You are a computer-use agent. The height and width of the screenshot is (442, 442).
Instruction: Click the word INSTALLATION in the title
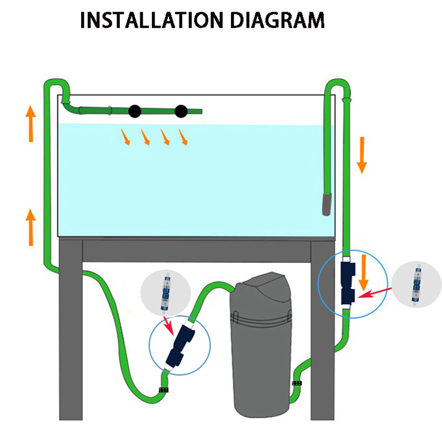146,20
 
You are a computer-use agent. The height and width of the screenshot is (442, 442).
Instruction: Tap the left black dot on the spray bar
134,111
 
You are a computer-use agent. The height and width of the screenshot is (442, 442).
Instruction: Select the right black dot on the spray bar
181,112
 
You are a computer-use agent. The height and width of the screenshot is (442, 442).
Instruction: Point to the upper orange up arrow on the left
31,118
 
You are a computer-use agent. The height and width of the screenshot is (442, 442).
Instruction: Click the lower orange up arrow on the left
31,227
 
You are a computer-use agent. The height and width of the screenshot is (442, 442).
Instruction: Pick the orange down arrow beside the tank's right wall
362,154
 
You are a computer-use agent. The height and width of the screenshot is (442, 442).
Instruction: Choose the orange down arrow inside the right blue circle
362,272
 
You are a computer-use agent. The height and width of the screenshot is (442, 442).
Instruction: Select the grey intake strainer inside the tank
327,203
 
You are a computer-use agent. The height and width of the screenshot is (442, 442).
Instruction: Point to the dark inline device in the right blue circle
348,283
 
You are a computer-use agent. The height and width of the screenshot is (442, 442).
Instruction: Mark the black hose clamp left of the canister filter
164,391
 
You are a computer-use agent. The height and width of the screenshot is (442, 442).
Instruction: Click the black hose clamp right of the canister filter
297,383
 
